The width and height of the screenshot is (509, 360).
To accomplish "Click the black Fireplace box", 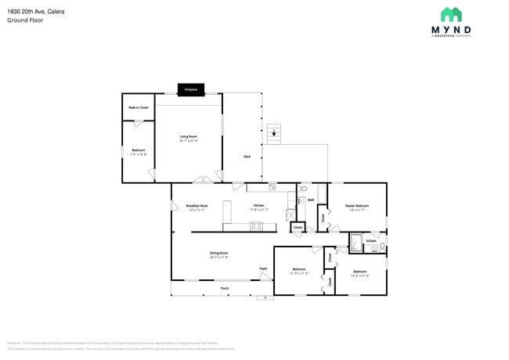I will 191,89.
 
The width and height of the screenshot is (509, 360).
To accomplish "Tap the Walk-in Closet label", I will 139,107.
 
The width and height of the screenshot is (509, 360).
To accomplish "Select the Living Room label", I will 188,138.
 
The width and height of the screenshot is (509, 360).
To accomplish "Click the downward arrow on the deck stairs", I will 273,133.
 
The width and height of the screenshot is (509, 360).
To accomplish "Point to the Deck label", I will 247,157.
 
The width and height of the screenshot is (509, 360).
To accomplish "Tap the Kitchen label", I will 258,206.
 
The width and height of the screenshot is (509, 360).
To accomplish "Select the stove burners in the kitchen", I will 256,226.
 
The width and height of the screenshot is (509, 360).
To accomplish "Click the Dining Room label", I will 218,254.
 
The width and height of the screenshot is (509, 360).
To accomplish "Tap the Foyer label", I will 264,268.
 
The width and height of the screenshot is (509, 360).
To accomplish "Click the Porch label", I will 225,288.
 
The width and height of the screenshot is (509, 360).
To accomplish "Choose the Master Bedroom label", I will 356,206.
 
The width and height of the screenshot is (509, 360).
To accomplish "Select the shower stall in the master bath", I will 356,243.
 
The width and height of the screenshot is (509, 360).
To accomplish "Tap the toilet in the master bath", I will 381,246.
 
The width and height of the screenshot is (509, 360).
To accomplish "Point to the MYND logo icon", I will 451,14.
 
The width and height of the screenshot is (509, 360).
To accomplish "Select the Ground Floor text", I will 24,21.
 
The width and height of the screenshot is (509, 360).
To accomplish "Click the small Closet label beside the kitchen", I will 298,227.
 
